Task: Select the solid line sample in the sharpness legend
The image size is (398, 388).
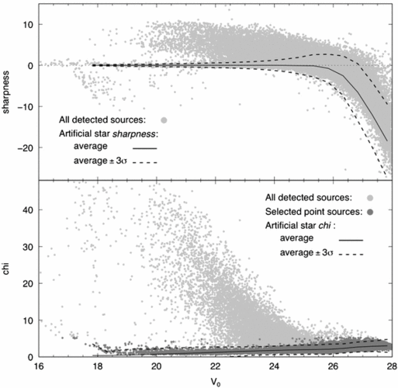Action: tap(147, 147)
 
